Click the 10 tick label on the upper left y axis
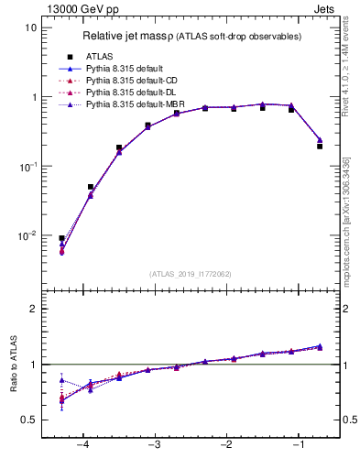(31, 27)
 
